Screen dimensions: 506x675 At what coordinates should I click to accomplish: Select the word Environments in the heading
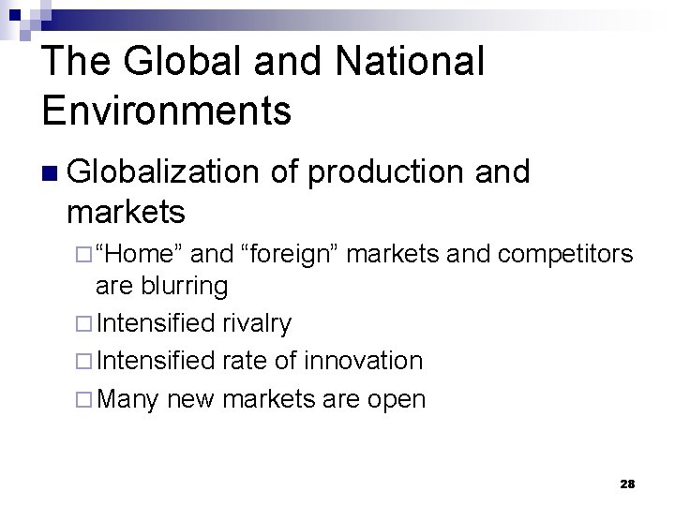[167, 111]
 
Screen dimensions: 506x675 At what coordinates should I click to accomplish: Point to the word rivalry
[258, 324]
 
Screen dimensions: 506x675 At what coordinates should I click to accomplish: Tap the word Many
[127, 399]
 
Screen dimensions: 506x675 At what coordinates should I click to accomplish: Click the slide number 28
[627, 484]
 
